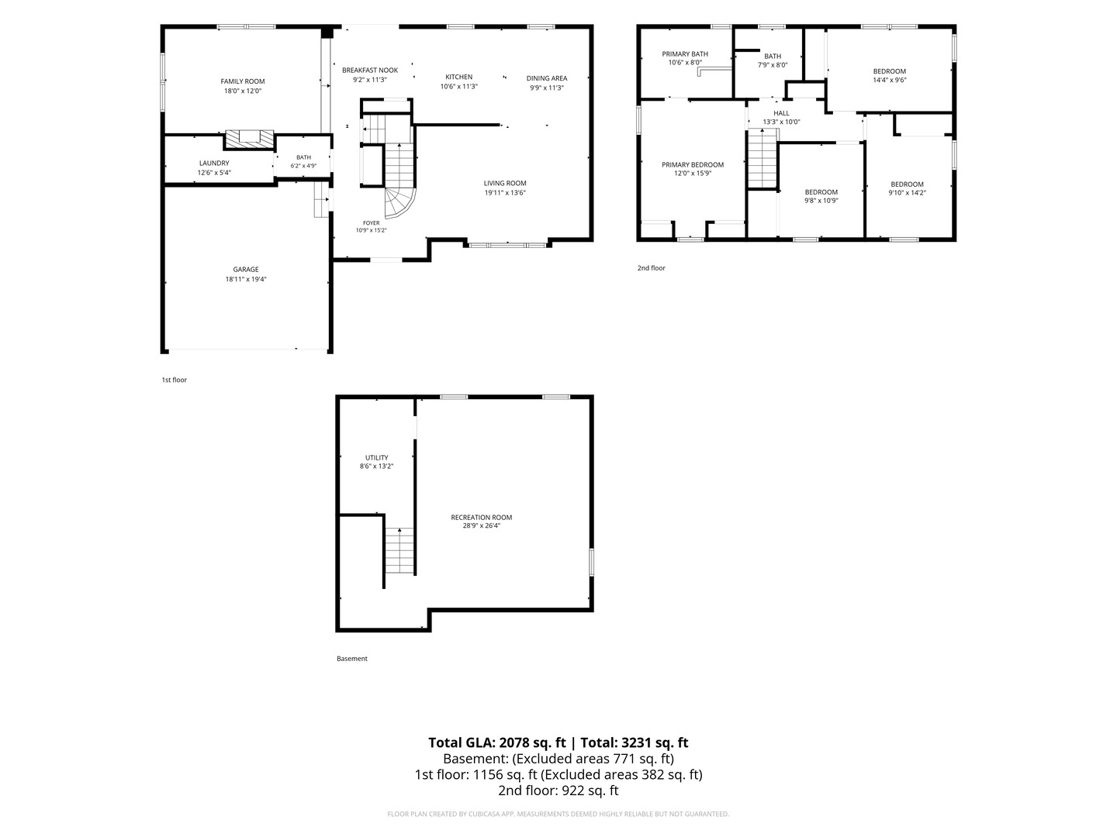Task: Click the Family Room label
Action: click(242, 81)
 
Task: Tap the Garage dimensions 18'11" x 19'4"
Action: click(246, 279)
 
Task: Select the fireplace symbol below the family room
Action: click(249, 139)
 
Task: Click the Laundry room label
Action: click(214, 163)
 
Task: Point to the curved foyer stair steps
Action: click(399, 203)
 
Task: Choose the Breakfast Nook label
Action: click(370, 70)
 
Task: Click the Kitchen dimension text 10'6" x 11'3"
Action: click(458, 86)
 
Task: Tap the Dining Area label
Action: click(547, 78)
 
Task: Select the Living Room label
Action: click(505, 183)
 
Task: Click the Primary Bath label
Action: click(684, 54)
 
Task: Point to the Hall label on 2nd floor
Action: click(781, 113)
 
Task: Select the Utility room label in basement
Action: click(376, 457)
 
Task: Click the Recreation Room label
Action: click(481, 518)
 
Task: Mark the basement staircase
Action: click(399, 551)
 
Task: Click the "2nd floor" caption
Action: click(651, 268)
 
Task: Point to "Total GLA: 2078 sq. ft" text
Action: click(496, 742)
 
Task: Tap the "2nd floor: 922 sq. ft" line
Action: click(558, 790)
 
